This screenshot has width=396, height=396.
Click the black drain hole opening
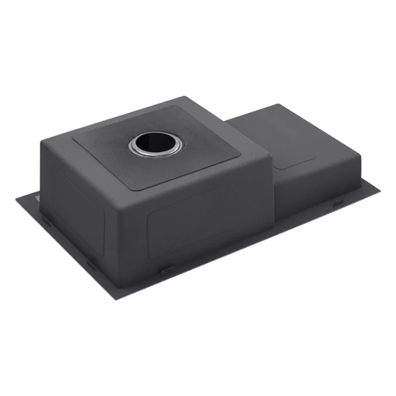click(155, 144)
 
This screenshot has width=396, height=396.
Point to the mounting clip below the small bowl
click(338, 202)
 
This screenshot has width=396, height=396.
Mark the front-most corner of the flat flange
click(117, 298)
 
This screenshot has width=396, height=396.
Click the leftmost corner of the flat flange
click(16, 199)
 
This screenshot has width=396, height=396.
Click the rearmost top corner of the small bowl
click(278, 104)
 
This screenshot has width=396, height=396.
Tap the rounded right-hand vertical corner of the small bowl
click(357, 173)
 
